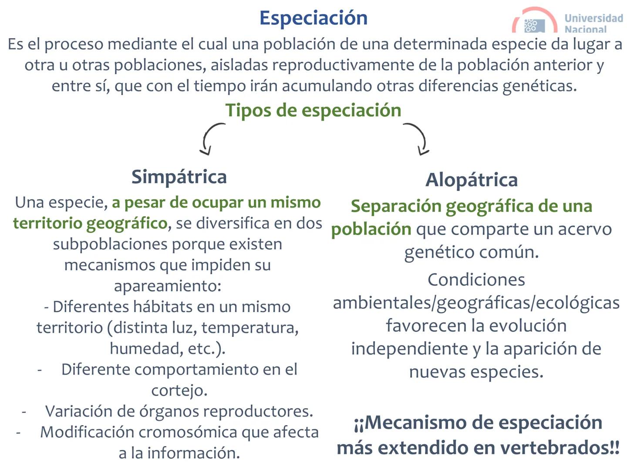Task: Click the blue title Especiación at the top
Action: coord(313,18)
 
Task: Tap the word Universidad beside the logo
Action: coord(593,18)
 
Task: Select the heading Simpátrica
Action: coord(179,177)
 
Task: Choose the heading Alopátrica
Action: coord(472,180)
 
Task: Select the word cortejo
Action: coord(179,390)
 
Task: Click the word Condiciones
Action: coord(476,280)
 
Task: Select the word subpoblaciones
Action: coord(111,244)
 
